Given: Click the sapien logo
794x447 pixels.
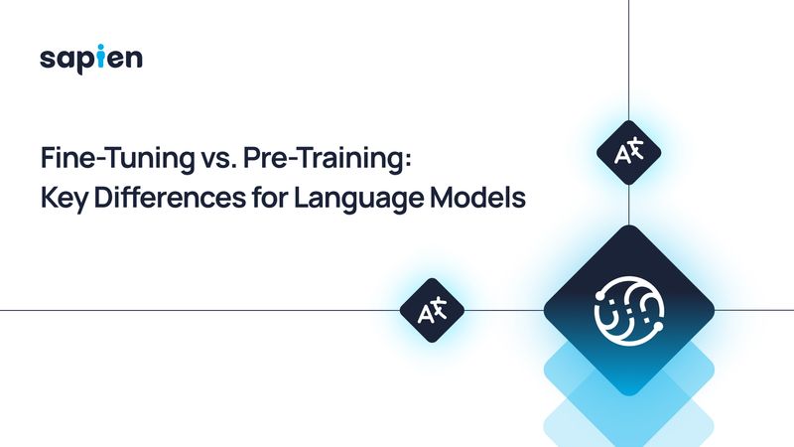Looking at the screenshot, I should (x=91, y=59).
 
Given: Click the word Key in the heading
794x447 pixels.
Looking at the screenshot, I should (x=62, y=197).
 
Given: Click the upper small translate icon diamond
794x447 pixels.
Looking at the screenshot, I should (x=628, y=154).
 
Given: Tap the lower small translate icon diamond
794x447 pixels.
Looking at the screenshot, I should (x=433, y=311).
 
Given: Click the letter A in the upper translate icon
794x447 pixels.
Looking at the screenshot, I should (x=621, y=155).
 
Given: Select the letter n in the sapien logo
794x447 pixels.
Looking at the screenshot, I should (x=134, y=60).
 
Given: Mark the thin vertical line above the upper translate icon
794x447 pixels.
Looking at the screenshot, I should (x=629, y=60).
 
